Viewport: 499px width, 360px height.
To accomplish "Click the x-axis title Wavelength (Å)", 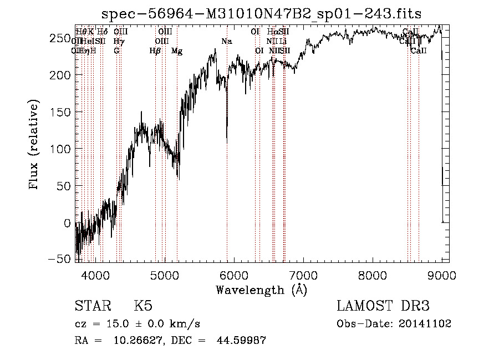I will pyautogui.click(x=261, y=290).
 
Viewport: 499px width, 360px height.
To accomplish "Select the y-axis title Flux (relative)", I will pyautogui.click(x=34, y=145).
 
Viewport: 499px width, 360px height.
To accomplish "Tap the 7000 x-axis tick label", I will pyautogui.click(x=303, y=275).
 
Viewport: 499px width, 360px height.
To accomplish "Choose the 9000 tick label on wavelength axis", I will pyautogui.click(x=441, y=275).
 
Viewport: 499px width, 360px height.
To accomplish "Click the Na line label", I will pyautogui.click(x=226, y=41).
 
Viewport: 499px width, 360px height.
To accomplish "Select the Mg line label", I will pyautogui.click(x=177, y=51).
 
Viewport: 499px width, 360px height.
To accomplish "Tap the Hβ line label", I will pyautogui.click(x=155, y=51).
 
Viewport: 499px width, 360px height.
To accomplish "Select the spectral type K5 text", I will pyautogui.click(x=142, y=307).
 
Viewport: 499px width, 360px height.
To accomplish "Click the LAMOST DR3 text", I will pyautogui.click(x=383, y=307).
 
